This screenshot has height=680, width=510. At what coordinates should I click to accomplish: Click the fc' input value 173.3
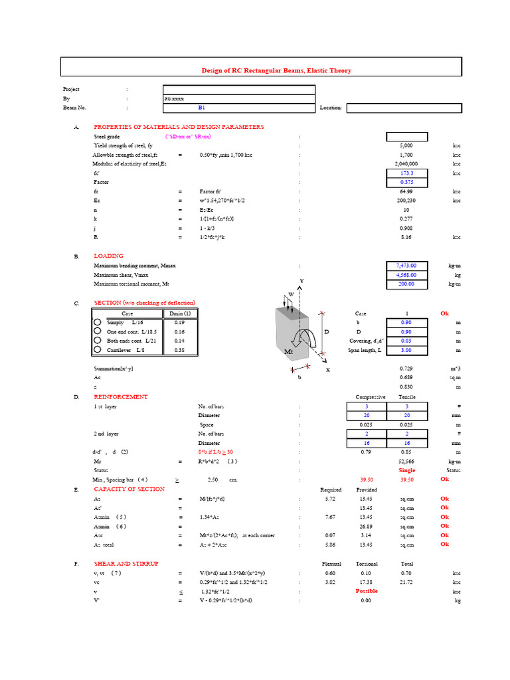coord(406,173)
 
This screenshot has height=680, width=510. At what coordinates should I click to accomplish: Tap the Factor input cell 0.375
coord(406,182)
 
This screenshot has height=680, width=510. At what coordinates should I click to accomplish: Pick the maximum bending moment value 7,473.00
coord(406,266)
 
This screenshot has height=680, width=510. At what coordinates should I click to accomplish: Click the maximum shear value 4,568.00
coord(406,275)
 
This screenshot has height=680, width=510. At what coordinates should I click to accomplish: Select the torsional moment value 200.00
coord(406,284)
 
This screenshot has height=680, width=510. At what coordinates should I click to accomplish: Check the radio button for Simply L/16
coord(98,322)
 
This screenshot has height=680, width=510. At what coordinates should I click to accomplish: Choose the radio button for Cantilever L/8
coord(98,350)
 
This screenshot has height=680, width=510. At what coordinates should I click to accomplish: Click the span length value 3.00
coord(406,350)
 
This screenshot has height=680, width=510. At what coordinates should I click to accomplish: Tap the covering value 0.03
coord(406,341)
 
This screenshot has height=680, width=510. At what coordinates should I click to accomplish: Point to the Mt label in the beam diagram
coord(289,351)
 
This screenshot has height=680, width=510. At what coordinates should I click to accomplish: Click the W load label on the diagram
coord(290,294)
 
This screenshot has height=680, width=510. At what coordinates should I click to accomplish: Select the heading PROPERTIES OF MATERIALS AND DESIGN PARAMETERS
coord(179,127)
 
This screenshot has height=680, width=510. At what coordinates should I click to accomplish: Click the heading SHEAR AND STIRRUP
coord(126,563)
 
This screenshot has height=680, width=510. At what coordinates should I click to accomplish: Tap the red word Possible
coord(367,591)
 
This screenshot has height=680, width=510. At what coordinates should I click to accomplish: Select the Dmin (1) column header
coord(179,313)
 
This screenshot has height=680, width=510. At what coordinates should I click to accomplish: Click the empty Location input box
coord(404,107)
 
